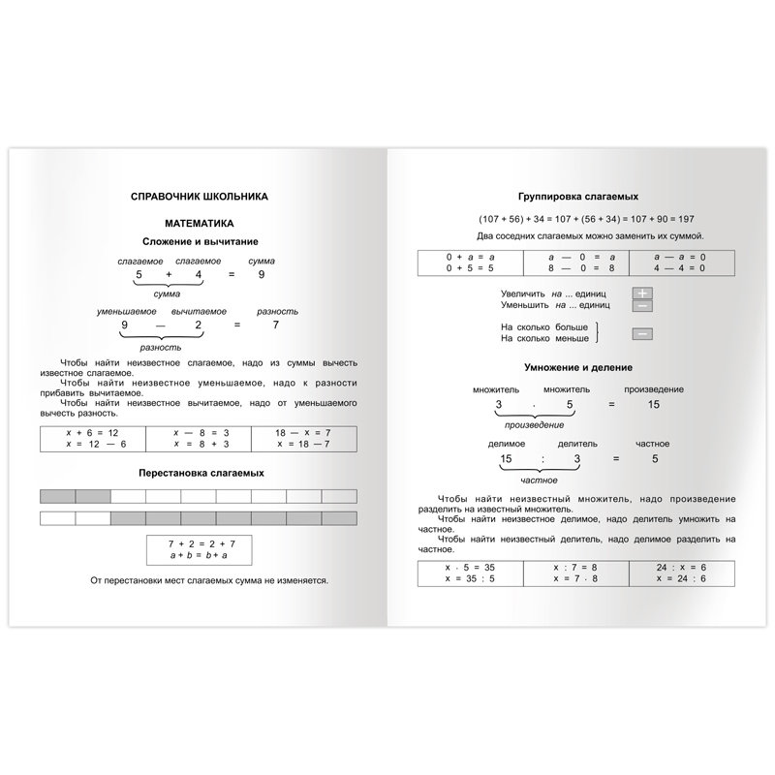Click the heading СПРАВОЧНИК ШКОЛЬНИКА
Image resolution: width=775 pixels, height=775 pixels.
coord(200,196)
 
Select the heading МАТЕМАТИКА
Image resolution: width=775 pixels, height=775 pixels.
coord(200,222)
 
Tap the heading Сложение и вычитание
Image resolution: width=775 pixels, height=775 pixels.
coord(200,240)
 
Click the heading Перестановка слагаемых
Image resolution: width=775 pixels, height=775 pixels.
coord(200,472)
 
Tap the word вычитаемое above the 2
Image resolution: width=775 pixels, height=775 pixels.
coord(199,311)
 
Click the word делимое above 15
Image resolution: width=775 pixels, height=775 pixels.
coord(505,443)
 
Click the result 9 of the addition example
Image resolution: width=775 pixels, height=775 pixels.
coord(261,276)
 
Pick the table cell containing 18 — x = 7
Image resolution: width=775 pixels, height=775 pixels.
coord(305,438)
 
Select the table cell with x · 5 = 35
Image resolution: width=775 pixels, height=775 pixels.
coord(470,573)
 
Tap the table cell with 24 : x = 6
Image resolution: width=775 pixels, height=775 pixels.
coord(681,573)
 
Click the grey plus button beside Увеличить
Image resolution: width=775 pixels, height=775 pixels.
coord(642,293)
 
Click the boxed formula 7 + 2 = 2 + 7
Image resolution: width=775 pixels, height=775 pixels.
coord(200,549)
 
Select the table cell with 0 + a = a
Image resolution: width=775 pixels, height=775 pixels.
coord(470,263)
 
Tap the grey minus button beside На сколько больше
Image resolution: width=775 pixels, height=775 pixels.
coord(642,334)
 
